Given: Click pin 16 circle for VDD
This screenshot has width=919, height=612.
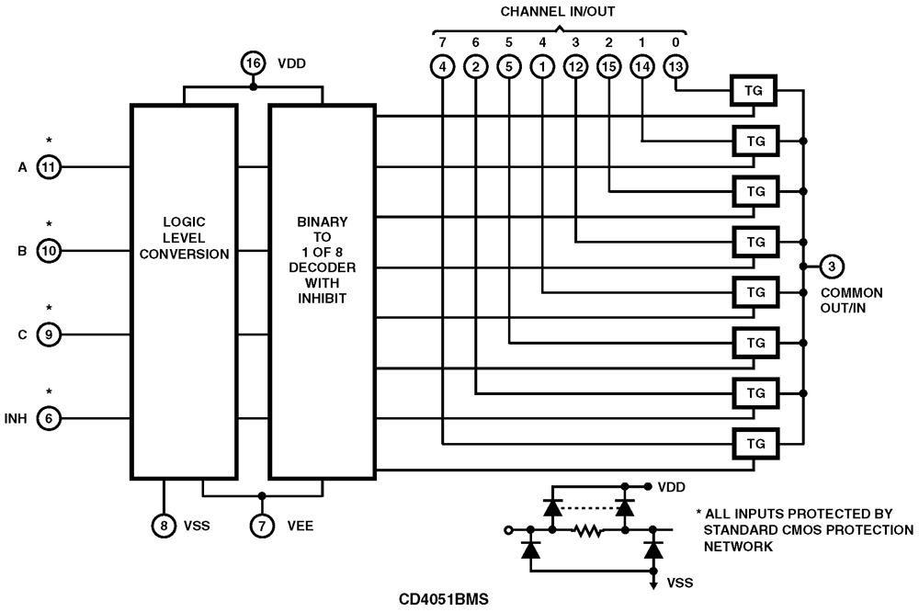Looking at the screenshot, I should point(253,63).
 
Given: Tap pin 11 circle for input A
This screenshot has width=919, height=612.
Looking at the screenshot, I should point(49,167).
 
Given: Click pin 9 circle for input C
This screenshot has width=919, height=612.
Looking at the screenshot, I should point(49,334).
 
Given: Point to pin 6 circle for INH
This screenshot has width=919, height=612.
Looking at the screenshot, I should point(49,418).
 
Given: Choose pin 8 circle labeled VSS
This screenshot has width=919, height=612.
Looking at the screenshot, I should point(164,525).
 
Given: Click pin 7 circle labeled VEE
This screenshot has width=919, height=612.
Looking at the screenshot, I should point(262,525).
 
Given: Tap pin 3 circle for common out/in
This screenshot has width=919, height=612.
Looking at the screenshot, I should point(831,267).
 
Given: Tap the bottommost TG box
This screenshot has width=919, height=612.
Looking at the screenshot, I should point(755,444).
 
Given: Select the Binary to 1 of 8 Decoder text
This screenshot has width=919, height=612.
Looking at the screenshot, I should point(322,262).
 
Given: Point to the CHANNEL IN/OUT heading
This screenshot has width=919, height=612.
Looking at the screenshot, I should point(558,11).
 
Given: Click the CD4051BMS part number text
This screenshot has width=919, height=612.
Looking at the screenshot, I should point(444,599).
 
